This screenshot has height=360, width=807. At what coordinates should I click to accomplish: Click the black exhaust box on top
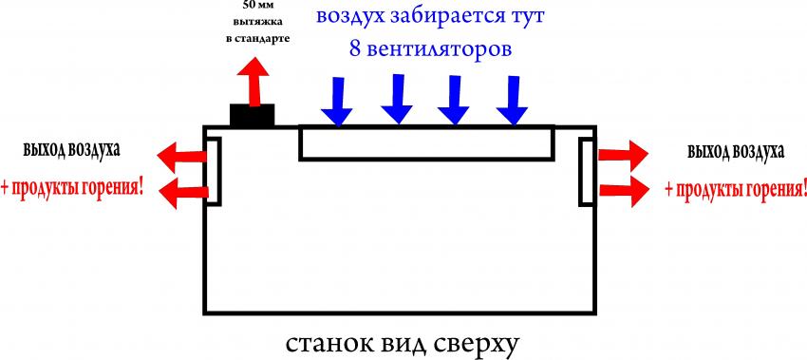[x=253, y=115]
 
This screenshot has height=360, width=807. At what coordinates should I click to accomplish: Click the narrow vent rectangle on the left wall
[x=215, y=170]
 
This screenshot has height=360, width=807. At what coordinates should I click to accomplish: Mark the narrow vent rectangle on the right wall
[x=588, y=170]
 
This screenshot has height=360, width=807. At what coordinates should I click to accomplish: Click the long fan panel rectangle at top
[x=426, y=142]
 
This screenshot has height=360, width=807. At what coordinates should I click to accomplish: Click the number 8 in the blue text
[x=355, y=48]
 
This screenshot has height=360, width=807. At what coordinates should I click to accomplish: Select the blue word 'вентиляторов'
[x=439, y=48]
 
